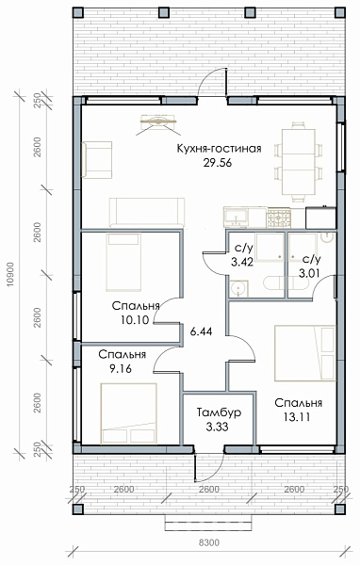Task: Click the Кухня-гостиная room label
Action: point(219,149)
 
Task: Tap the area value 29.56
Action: point(217,163)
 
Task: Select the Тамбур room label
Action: point(219,412)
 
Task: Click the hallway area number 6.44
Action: point(201,331)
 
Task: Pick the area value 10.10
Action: point(135,320)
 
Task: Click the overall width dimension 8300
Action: point(209,542)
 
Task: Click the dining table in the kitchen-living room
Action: point(299,162)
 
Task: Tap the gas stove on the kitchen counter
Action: point(278,218)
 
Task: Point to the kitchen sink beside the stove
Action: point(237,217)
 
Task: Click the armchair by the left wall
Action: point(97,160)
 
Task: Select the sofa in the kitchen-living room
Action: point(147,212)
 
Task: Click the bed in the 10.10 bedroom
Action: point(123,262)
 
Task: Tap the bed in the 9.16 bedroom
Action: point(129,413)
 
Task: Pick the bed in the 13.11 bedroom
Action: point(305,353)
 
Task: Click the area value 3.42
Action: point(242,262)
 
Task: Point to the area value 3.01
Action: point(309,273)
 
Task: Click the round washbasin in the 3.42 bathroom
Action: point(238,288)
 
